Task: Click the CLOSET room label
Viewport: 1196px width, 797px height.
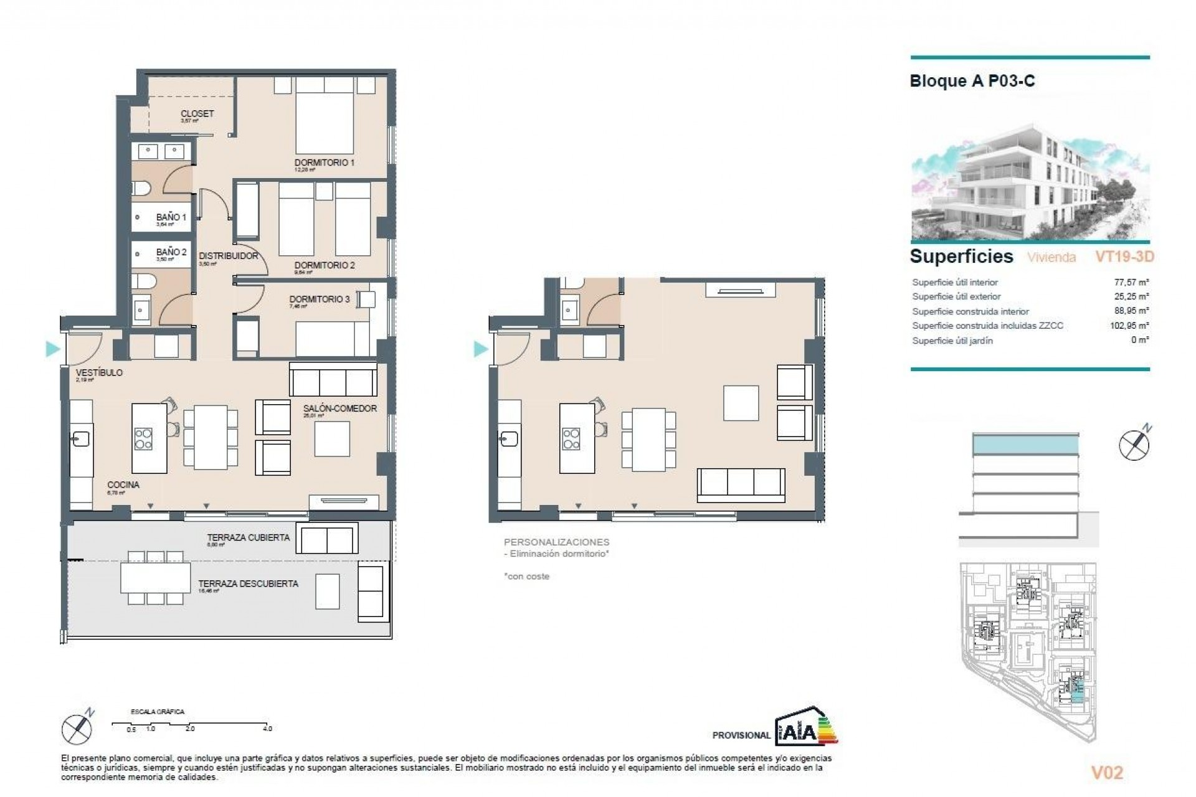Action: (197, 113)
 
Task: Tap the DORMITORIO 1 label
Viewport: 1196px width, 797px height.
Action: (324, 163)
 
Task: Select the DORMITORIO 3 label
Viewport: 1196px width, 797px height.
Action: (319, 299)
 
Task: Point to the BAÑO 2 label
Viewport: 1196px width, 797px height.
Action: (171, 252)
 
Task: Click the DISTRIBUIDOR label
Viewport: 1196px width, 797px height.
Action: (228, 256)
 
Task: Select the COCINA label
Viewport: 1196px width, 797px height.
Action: (123, 484)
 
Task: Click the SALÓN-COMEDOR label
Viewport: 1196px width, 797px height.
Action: (340, 408)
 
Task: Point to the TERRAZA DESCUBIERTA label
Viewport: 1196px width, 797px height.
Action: (248, 583)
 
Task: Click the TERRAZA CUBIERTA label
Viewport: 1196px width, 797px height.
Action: (248, 537)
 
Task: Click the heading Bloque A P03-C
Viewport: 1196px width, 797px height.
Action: (972, 81)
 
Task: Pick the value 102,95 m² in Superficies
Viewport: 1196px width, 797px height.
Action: (1130, 326)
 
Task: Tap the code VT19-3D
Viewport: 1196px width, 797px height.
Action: (1124, 257)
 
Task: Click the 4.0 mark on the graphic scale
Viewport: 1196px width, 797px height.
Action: (267, 729)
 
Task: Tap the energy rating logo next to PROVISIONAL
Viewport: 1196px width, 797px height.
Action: (806, 726)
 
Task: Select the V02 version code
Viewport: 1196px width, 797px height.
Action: (1107, 773)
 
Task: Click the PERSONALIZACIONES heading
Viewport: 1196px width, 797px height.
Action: (556, 542)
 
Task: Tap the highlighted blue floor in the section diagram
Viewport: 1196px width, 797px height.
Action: (1025, 445)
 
